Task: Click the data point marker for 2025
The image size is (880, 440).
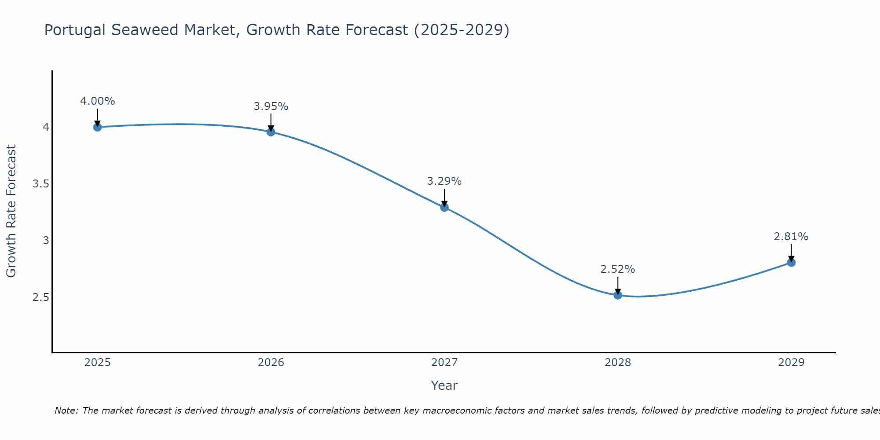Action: click(97, 127)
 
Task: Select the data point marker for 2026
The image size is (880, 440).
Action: click(271, 132)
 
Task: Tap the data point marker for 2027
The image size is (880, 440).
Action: click(444, 207)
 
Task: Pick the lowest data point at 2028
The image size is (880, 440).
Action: click(618, 295)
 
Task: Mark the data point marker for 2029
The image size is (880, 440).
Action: click(791, 263)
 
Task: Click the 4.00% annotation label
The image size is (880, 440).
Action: click(97, 101)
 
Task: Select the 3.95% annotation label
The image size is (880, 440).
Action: click(271, 106)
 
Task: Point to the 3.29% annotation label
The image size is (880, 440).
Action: click(444, 181)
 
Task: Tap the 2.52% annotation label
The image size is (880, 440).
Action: click(618, 269)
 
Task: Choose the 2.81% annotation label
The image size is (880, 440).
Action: click(791, 237)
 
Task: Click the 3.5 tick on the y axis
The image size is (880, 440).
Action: click(40, 184)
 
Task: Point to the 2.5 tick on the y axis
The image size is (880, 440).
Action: click(40, 297)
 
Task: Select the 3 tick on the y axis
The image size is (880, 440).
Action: click(46, 241)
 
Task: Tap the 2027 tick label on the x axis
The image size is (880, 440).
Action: click(444, 363)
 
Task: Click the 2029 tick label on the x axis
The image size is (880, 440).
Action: click(791, 363)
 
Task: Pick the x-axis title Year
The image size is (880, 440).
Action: click(444, 385)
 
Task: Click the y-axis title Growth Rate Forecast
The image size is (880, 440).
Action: click(11, 211)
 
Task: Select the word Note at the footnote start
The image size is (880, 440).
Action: click(66, 411)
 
